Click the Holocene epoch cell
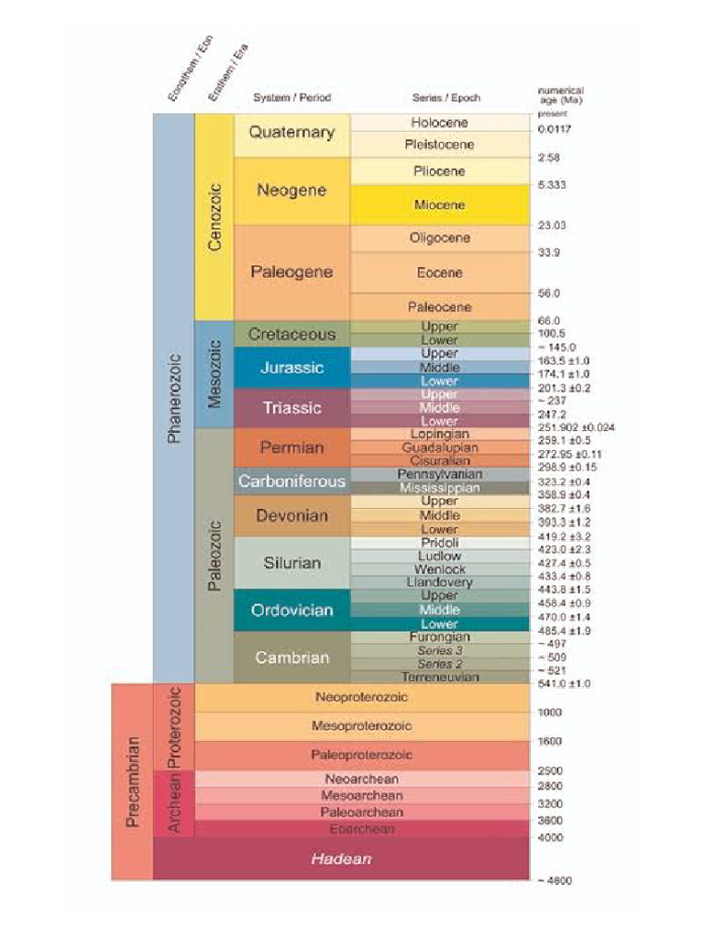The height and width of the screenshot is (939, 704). pyautogui.click(x=439, y=123)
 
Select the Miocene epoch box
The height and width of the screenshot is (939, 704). pyautogui.click(x=439, y=204)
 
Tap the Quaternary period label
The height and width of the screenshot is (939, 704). pyautogui.click(x=291, y=133)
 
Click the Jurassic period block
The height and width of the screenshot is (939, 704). pyautogui.click(x=291, y=368)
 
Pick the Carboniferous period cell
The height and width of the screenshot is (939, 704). pyautogui.click(x=291, y=481)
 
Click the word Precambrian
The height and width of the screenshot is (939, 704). pyautogui.click(x=132, y=781)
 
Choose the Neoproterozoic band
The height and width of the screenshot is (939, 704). pyautogui.click(x=361, y=697)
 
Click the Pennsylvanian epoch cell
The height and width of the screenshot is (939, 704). pyautogui.click(x=439, y=475)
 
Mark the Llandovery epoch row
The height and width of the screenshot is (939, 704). pyautogui.click(x=439, y=582)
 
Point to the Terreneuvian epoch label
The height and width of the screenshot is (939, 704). pyautogui.click(x=439, y=677)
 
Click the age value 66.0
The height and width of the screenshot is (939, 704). pyautogui.click(x=549, y=321)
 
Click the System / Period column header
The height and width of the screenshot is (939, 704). pyautogui.click(x=291, y=98)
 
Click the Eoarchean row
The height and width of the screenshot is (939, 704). pyautogui.click(x=361, y=829)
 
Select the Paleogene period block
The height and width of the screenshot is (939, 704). pyautogui.click(x=291, y=272)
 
